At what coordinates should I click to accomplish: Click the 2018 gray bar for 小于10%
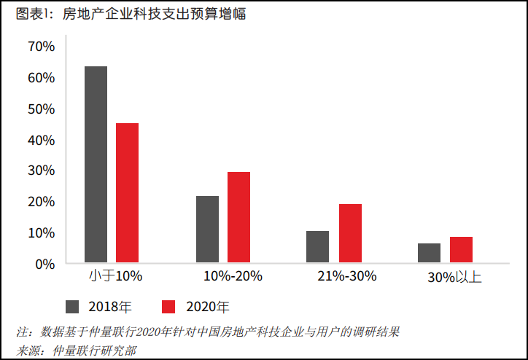pos(96,164)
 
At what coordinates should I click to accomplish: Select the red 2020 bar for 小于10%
pos(127,192)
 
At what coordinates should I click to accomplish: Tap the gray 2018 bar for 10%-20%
pos(207,229)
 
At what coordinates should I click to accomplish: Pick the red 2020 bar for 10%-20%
pos(238,217)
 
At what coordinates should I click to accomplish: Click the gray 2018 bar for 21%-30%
pos(317,246)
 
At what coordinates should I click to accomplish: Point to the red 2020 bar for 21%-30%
pos(350,233)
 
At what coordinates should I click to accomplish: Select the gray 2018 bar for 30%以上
pos(429,252)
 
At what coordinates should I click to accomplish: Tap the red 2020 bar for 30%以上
pos(461,249)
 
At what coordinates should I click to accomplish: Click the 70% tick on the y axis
pos(42,47)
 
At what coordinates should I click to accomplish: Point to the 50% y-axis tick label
pos(42,109)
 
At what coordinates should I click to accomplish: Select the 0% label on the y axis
pos(45,263)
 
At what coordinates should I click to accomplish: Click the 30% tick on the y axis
pos(42,171)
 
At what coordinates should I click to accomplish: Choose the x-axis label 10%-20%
pos(233,276)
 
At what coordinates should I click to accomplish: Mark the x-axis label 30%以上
pos(454,277)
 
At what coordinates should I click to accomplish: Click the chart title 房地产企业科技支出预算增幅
pos(145,14)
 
